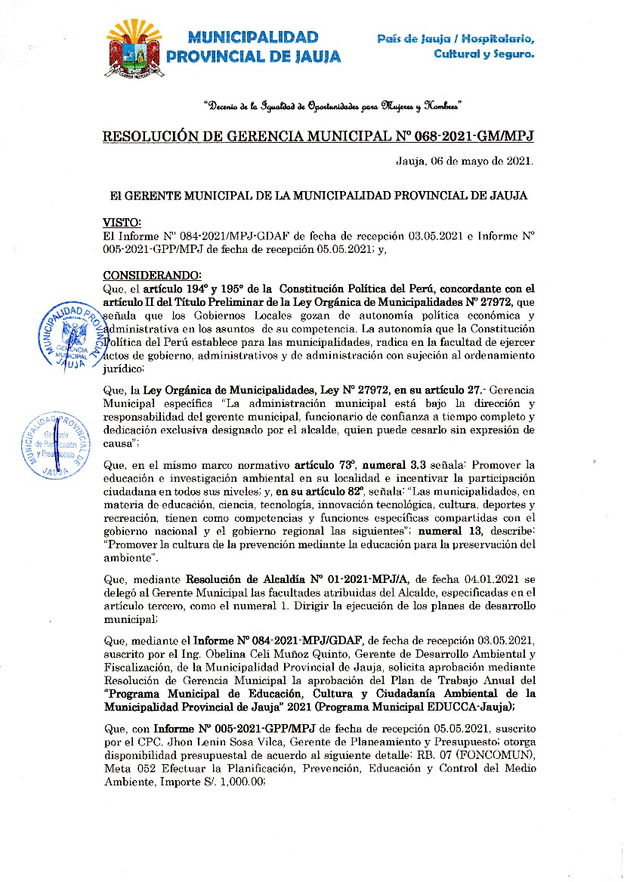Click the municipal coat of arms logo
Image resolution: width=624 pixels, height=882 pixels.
click(136, 48)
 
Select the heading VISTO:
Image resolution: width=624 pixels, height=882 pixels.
click(122, 223)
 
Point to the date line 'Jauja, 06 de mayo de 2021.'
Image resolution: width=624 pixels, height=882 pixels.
click(465, 161)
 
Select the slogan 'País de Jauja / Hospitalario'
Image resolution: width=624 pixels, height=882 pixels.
click(456, 39)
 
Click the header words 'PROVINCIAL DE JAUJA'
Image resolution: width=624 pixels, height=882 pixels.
click(254, 57)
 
